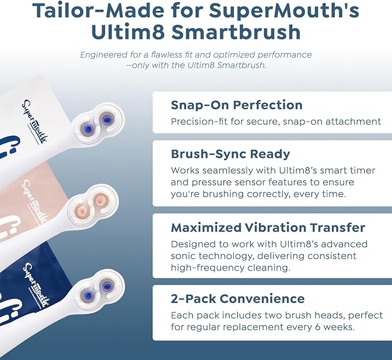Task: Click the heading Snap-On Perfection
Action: (x=236, y=105)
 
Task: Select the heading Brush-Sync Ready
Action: (x=230, y=154)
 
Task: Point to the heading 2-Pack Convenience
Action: (x=237, y=299)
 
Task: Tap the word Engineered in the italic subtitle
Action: (x=107, y=55)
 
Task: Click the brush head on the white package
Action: (x=98, y=120)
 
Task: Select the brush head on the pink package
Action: (x=92, y=203)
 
